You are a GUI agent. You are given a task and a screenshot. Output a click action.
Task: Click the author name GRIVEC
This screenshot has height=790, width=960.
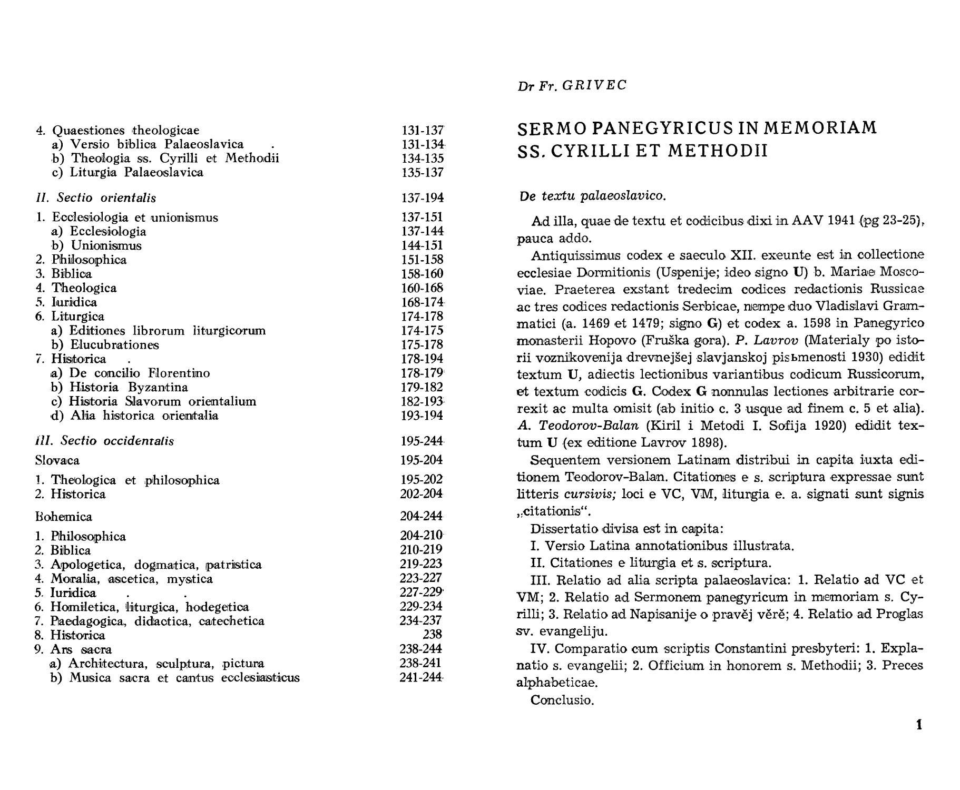click(594, 85)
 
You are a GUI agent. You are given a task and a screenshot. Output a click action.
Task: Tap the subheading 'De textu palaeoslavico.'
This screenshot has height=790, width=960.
click(592, 196)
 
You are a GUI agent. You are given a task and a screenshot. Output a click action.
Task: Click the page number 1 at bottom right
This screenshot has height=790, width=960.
click(919, 725)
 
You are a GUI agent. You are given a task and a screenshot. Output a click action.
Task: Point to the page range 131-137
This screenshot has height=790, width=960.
click(423, 130)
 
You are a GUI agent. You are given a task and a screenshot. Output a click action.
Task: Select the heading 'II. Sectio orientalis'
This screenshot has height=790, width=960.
click(95, 198)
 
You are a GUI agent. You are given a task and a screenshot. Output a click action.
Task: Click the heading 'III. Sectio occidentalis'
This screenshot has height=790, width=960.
click(104, 441)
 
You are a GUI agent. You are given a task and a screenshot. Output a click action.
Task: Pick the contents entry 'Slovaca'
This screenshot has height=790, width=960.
click(57, 461)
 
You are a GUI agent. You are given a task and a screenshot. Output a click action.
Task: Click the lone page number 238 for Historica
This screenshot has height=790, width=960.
click(433, 635)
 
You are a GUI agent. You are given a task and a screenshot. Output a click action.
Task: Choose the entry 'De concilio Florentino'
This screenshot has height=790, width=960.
click(140, 373)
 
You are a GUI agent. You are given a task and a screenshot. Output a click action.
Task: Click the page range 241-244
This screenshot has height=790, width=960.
click(421, 677)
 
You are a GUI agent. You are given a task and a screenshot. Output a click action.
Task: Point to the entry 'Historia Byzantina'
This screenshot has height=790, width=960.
click(129, 388)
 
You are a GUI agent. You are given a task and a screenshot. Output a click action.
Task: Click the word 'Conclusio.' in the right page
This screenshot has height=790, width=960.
click(562, 700)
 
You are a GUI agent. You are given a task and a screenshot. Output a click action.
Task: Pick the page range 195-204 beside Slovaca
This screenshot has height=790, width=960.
click(422, 460)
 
